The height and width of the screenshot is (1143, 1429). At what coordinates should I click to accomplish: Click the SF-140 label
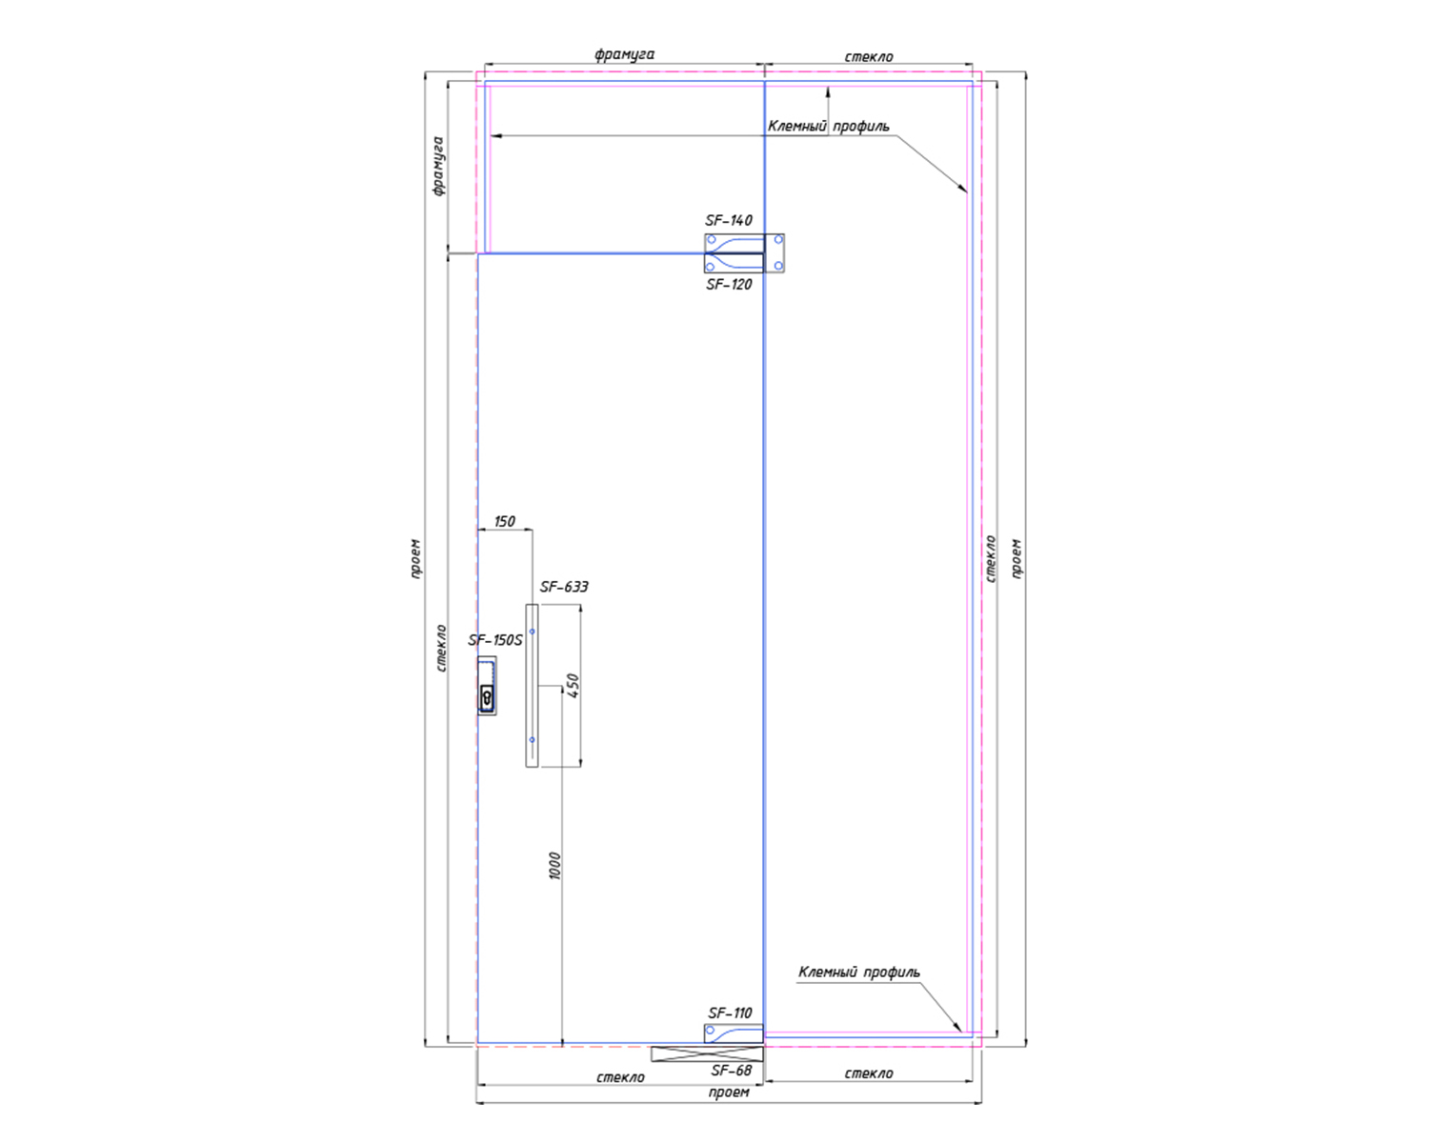point(729,220)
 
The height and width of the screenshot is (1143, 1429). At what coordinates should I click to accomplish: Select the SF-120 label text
point(729,285)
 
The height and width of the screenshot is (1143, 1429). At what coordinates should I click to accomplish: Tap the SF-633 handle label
point(564,587)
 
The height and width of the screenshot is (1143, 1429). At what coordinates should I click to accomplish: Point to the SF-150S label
point(495,640)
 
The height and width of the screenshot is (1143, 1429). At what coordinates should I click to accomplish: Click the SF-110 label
point(730,1013)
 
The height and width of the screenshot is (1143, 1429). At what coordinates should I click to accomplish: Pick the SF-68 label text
point(731,1071)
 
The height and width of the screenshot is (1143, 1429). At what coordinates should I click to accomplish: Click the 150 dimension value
point(505,521)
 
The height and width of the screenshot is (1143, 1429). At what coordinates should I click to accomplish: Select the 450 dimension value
point(574,686)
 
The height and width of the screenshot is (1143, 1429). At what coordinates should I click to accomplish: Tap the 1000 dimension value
point(555,866)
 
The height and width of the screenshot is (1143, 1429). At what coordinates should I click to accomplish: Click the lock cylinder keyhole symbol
point(488,697)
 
